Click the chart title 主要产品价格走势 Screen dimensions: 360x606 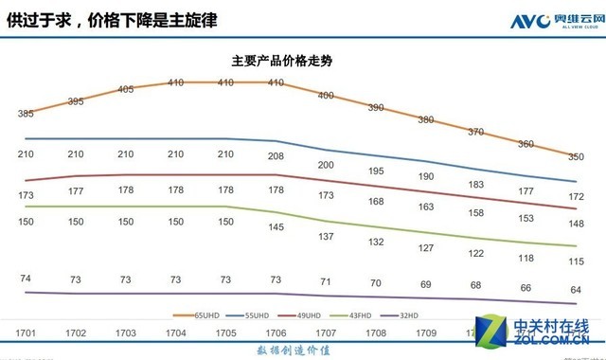pyautogui.click(x=288, y=60)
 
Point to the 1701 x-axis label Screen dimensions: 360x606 pyautogui.click(x=27, y=333)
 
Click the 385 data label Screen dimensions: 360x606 pyautogui.click(x=27, y=114)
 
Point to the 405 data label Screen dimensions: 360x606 pyautogui.click(x=126, y=90)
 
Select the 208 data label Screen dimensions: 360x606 pyautogui.click(x=276, y=154)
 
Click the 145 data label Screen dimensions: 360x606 pyautogui.click(x=276, y=227)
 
